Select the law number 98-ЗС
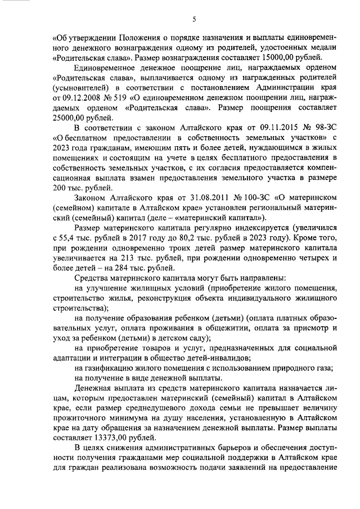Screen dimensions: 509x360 coord(313,128)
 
